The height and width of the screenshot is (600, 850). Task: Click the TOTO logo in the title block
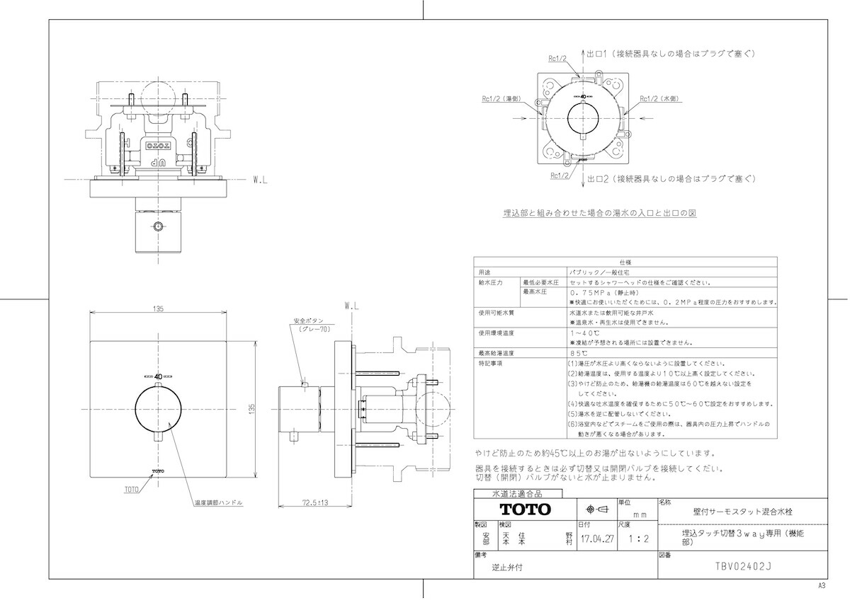pyautogui.click(x=525, y=509)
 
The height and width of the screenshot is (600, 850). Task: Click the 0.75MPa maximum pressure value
pyautogui.click(x=595, y=292)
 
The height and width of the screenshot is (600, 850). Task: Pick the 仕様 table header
pyautogui.click(x=625, y=261)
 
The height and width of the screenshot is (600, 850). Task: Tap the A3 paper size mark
pyautogui.click(x=822, y=586)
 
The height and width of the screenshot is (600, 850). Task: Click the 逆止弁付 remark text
pyautogui.click(x=508, y=567)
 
